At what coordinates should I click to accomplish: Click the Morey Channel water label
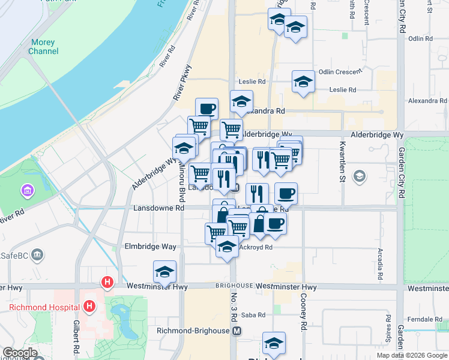click(43, 47)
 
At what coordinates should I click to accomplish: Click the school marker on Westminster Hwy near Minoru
click(164, 272)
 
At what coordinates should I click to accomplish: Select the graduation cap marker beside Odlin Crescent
click(303, 82)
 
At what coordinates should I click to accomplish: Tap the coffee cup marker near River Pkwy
click(206, 109)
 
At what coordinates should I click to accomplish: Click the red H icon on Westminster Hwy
click(107, 281)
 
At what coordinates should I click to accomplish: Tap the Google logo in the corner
click(20, 353)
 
